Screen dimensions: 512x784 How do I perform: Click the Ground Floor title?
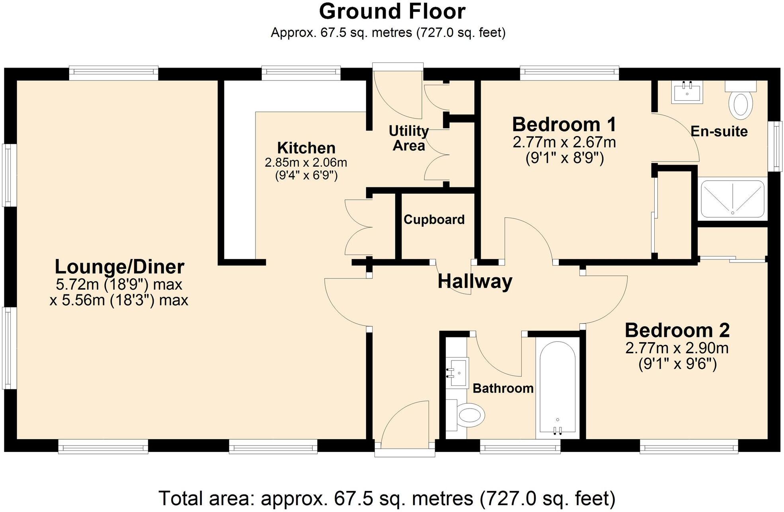pyautogui.click(x=392, y=11)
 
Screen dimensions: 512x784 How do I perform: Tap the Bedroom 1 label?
pyautogui.click(x=564, y=125)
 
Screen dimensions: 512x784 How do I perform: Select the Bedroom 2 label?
pyautogui.click(x=677, y=331)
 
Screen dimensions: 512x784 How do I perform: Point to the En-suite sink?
pyautogui.click(x=687, y=92)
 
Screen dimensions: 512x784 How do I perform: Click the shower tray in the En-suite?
pyautogui.click(x=732, y=199)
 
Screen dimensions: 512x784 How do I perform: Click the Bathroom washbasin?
pyautogui.click(x=459, y=372)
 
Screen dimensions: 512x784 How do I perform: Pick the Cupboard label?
pyautogui.click(x=434, y=220)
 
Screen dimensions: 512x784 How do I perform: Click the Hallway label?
pyautogui.click(x=475, y=281)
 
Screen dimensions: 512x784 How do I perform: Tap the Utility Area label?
pyautogui.click(x=409, y=138)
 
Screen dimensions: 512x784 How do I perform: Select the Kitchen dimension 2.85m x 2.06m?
pyautogui.click(x=306, y=162)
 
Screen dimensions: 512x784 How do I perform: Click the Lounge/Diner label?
pyautogui.click(x=119, y=267)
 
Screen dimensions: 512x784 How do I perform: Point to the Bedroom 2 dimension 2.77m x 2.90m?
pyautogui.click(x=677, y=348)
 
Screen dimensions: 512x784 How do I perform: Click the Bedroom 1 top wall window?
pyautogui.click(x=569, y=72)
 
